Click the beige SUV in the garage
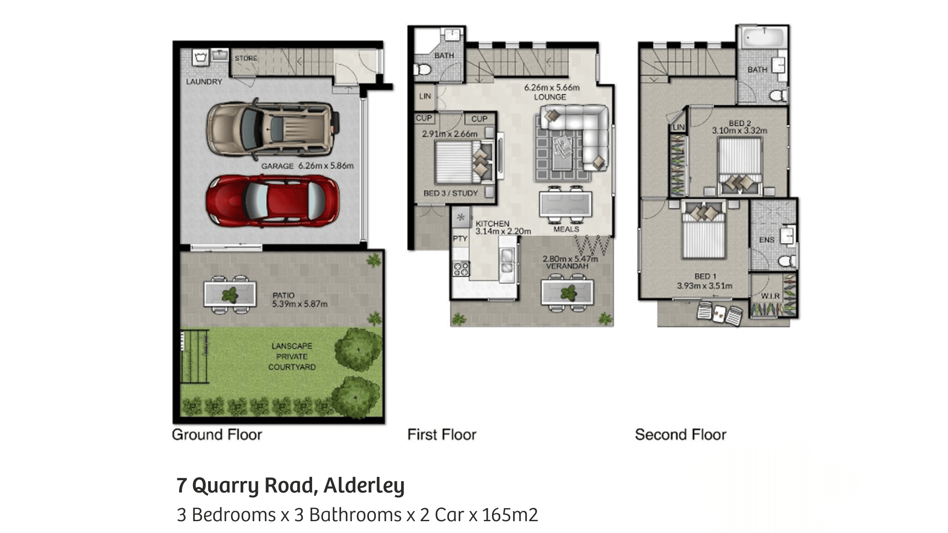tap(273, 129)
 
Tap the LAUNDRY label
tap(204, 81)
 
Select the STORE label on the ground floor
tap(246, 58)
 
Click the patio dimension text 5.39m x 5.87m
tap(300, 303)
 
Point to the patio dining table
tap(230, 294)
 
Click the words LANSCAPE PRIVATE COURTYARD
tap(292, 357)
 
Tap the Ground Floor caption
tap(217, 435)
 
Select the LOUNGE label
tap(550, 97)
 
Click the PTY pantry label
tap(460, 238)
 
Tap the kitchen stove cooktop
tap(461, 269)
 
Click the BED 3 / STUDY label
tap(451, 193)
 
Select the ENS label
tap(767, 240)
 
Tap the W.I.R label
tap(770, 296)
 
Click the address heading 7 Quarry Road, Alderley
tap(291, 485)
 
